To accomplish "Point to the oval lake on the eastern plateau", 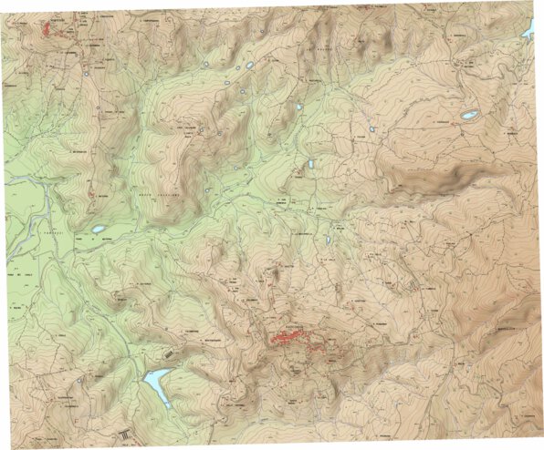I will [x=470, y=116].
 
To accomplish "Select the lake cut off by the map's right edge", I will [x=528, y=32].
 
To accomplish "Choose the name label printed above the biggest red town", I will [x=295, y=324].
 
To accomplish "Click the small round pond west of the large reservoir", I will [x=80, y=380].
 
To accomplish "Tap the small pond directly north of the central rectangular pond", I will [x=298, y=107].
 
